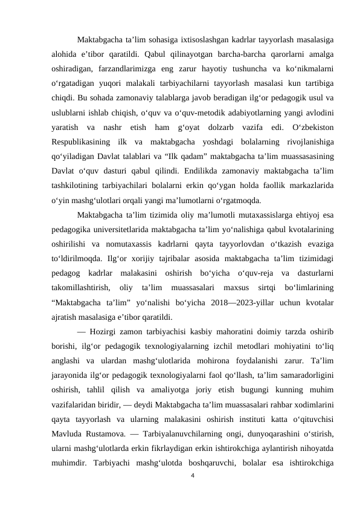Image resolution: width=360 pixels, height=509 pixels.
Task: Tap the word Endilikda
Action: coord(187,173)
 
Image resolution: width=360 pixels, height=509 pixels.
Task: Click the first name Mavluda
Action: coord(68,432)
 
